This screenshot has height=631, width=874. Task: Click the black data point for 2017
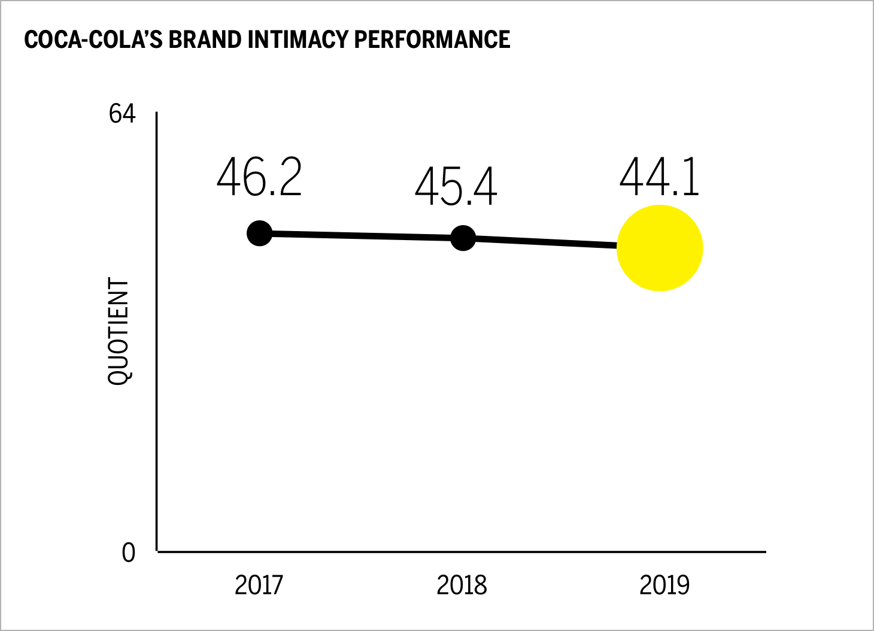click(x=259, y=233)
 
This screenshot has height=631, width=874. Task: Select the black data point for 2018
click(x=463, y=238)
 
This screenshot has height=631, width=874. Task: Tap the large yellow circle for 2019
click(x=659, y=248)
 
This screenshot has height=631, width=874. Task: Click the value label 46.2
click(x=259, y=178)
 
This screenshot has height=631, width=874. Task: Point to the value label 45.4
click(x=456, y=187)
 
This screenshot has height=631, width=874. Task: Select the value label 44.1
click(x=659, y=178)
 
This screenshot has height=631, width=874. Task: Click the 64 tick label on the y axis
click(x=122, y=114)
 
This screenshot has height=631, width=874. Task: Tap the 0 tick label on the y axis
click(x=129, y=553)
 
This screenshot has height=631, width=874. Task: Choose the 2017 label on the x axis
click(x=259, y=585)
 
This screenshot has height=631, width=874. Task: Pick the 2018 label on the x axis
click(x=462, y=585)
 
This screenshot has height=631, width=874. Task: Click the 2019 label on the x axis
click(x=664, y=585)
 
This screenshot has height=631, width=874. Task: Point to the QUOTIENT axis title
click(x=119, y=330)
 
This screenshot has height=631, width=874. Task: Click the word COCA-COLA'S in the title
click(x=93, y=40)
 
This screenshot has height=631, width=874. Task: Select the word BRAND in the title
click(x=205, y=40)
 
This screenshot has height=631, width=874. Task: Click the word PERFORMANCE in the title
click(x=432, y=40)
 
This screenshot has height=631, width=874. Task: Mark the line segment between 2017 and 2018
click(x=361, y=236)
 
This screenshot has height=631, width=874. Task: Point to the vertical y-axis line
click(x=157, y=359)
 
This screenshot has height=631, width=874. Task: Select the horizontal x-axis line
click(x=461, y=551)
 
